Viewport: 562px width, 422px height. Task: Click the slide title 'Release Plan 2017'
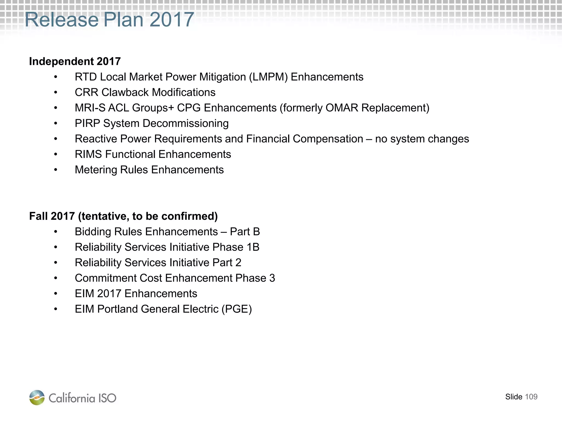(x=109, y=20)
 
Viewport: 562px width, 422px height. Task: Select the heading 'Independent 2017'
(x=75, y=61)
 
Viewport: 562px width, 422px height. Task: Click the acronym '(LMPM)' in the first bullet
(x=268, y=77)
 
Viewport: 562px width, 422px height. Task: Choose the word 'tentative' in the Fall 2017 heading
(x=103, y=216)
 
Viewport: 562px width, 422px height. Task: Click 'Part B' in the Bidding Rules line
(x=245, y=232)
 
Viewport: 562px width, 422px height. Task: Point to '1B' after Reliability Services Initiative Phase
(x=253, y=247)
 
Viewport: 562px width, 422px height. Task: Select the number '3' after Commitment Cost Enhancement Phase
(x=272, y=278)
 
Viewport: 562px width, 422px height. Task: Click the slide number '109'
(x=531, y=397)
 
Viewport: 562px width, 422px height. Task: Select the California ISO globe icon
(x=37, y=398)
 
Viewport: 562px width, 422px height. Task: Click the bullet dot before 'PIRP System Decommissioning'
(x=56, y=124)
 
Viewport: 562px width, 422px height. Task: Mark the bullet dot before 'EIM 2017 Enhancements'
(x=56, y=294)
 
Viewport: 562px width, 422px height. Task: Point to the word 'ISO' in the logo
(x=107, y=398)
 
